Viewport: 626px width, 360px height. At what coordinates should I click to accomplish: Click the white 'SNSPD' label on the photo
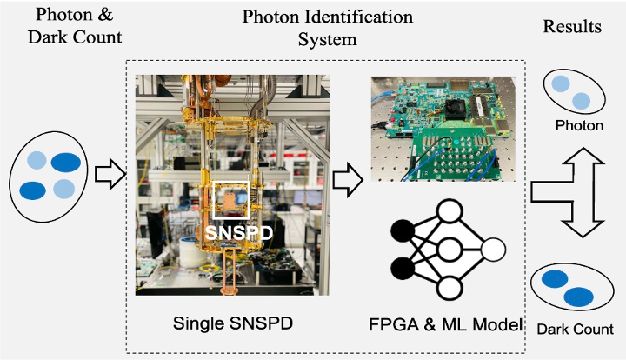233,233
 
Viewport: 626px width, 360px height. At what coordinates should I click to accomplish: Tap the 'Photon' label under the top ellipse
578,126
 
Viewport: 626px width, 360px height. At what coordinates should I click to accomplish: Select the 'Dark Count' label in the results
575,330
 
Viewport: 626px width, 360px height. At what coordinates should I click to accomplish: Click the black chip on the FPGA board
456,106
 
